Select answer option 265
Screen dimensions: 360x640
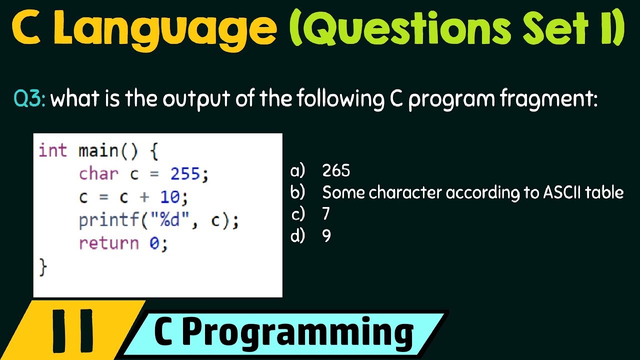pos(336,171)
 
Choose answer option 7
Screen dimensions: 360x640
pos(326,214)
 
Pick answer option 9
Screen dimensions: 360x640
pos(326,235)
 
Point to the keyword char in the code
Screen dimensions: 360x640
pos(98,174)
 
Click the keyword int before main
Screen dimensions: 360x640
pos(52,151)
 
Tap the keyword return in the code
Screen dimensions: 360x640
pos(108,243)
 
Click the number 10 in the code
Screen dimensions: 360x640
pos(170,197)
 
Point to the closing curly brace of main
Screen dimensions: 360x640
pos(43,267)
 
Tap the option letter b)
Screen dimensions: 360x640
pos(297,192)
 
